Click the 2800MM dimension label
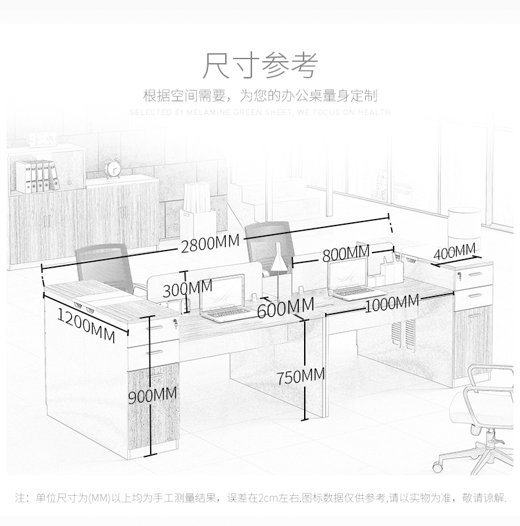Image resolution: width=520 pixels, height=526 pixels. click(210, 243)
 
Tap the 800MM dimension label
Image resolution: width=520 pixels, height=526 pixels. click(346, 253)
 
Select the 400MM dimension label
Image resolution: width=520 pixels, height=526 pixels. click(454, 251)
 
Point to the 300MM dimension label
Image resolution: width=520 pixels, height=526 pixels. click(188, 287)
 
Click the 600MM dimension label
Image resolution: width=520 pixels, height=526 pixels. click(285, 307)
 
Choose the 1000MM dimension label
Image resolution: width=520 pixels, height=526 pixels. click(391, 302)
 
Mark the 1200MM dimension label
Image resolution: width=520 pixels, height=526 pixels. click(86, 323)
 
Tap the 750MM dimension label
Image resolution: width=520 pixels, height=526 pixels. click(300, 376)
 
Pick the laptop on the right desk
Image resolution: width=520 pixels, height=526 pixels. click(351, 279)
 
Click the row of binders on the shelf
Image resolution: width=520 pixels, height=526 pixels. click(38, 176)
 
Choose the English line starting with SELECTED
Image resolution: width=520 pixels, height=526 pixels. click(260, 112)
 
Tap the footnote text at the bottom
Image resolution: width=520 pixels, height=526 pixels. click(260, 498)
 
